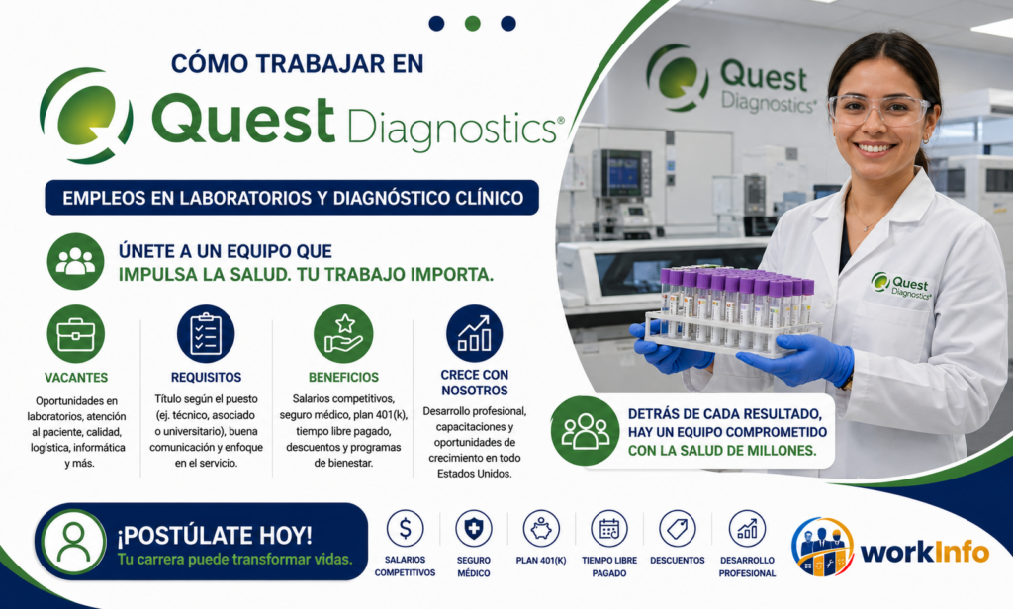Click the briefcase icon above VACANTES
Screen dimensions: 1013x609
(x=75, y=334)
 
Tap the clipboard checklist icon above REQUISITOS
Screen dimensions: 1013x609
(x=206, y=334)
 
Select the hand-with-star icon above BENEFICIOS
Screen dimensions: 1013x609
(x=343, y=334)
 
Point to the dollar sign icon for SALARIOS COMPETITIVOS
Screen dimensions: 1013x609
(x=405, y=528)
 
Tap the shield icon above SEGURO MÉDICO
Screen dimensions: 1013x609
(x=474, y=528)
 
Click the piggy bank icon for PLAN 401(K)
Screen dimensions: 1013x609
(x=541, y=528)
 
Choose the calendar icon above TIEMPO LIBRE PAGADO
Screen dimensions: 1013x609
(x=609, y=528)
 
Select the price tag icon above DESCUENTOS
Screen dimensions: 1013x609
(x=678, y=528)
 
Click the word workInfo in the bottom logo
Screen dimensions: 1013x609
(x=925, y=553)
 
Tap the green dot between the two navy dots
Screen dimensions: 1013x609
(x=472, y=24)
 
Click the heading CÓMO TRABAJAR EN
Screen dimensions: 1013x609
(x=297, y=63)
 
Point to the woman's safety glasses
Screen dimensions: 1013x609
(x=878, y=109)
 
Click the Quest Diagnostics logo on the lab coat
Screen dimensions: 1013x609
(x=901, y=286)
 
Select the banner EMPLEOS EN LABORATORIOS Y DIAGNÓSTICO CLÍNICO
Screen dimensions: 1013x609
(x=292, y=198)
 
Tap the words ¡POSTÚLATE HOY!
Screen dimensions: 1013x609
(x=215, y=536)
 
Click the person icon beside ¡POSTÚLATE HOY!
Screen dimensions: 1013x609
(x=74, y=542)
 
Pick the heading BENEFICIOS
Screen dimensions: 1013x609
(x=343, y=377)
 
